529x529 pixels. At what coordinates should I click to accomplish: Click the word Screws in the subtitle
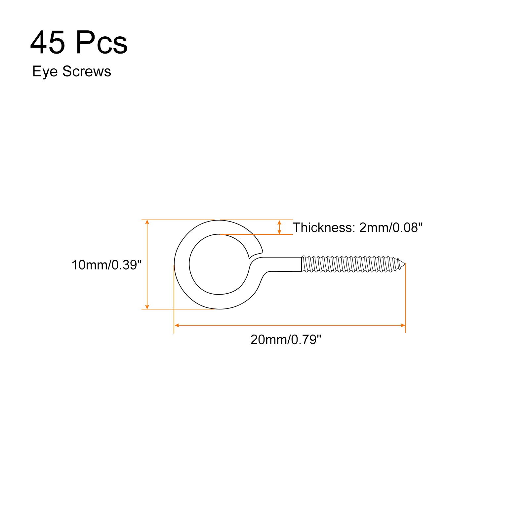[87, 71]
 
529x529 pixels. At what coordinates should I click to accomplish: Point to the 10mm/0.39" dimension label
[106, 265]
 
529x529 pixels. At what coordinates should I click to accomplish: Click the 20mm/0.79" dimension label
[286, 340]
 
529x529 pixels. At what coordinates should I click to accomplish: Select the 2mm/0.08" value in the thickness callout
[391, 227]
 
